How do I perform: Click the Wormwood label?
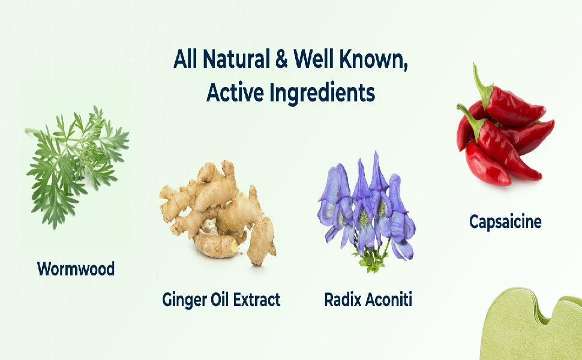(76, 269)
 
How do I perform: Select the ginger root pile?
(218, 212)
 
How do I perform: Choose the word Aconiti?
(389, 299)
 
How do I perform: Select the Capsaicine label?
(505, 221)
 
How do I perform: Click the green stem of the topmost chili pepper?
(482, 85)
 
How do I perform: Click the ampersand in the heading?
(281, 59)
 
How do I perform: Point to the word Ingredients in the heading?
(322, 93)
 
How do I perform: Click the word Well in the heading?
(314, 59)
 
